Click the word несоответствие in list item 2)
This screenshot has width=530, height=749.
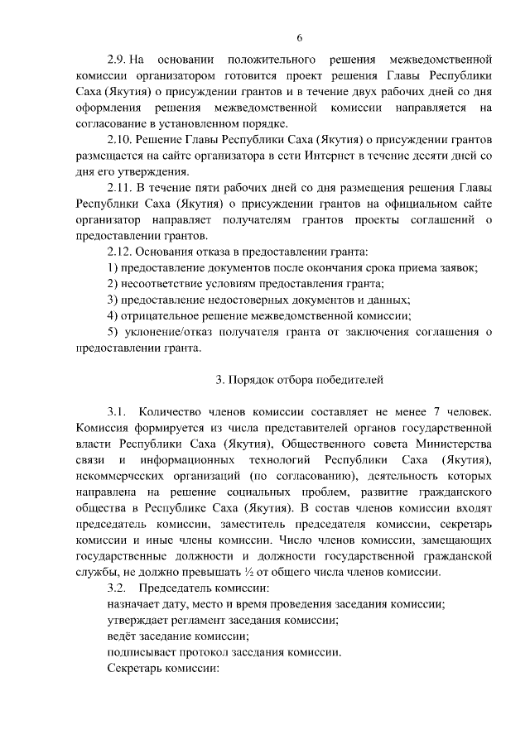pyautogui.click(x=158, y=283)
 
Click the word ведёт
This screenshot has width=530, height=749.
pyautogui.click(x=122, y=636)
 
